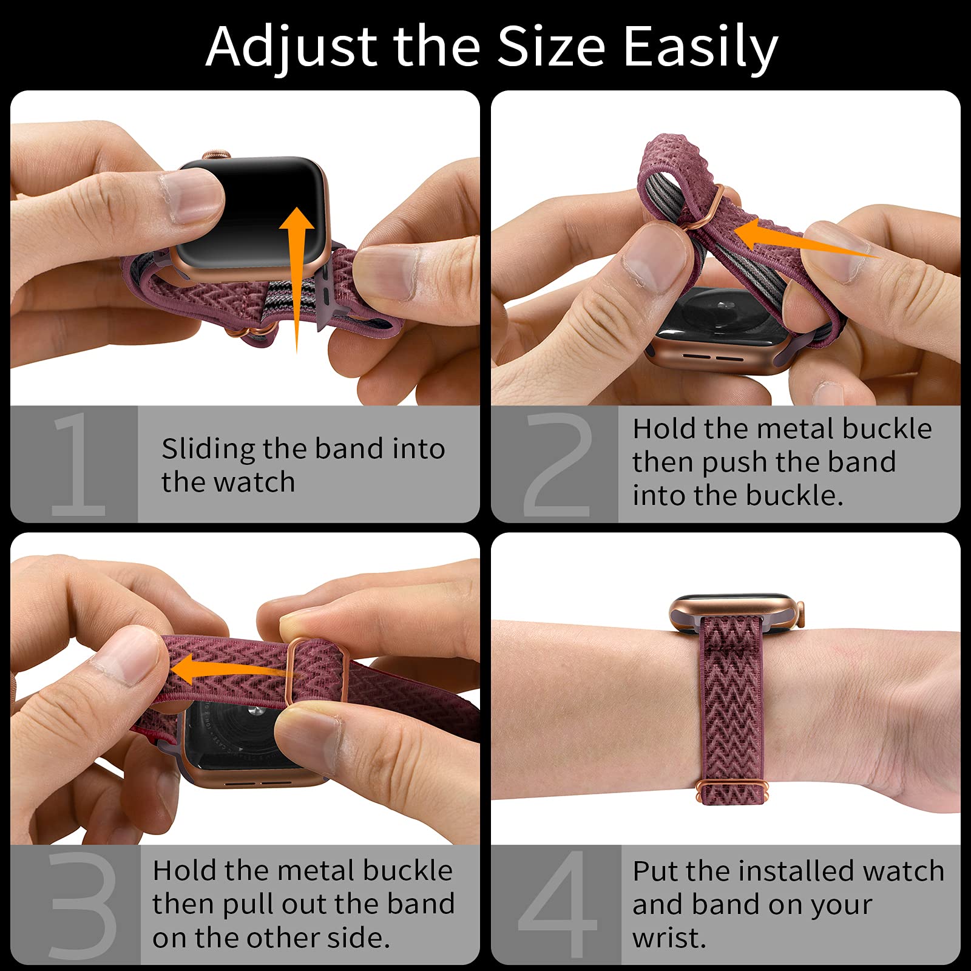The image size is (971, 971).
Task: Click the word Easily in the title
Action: pos(700,47)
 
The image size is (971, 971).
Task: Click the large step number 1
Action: pos(78,464)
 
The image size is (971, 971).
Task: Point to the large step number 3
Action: pos(82,904)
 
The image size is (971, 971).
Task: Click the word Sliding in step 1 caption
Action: pos(208,450)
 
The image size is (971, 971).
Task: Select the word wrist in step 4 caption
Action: pos(669,938)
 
